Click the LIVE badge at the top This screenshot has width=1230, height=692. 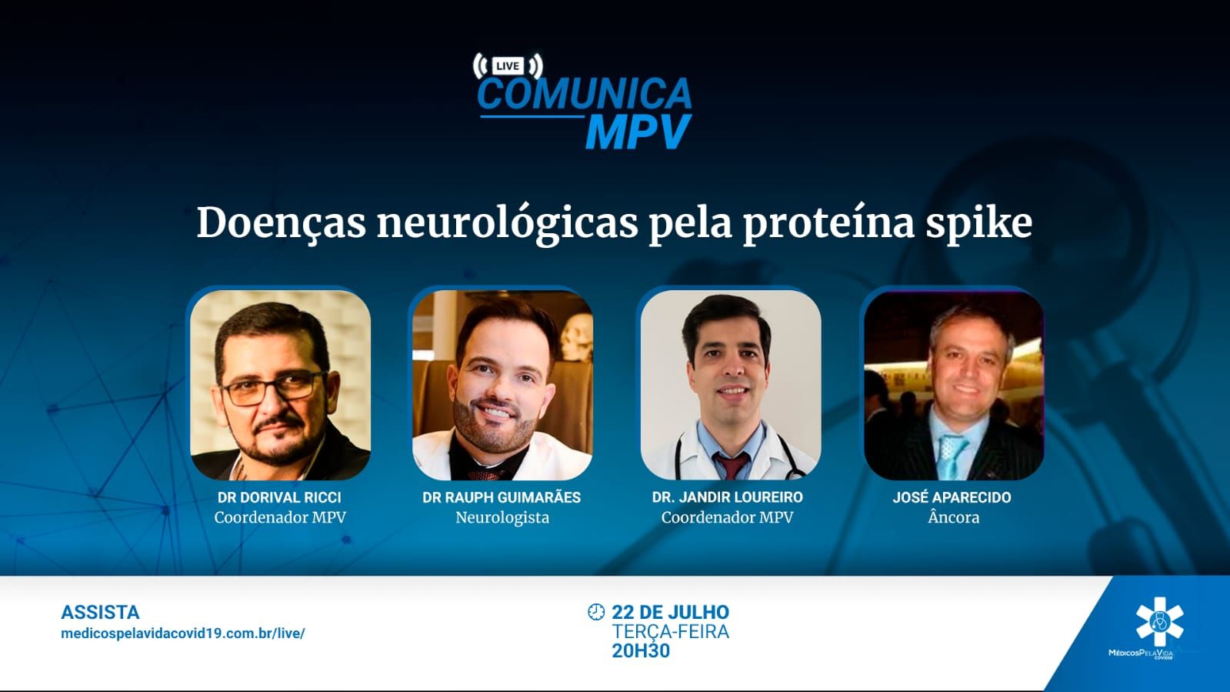pyautogui.click(x=508, y=66)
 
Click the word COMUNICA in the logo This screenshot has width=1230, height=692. pyautogui.click(x=585, y=94)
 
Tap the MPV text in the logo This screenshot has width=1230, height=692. pyautogui.click(x=638, y=132)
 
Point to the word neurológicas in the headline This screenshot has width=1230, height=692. pyautogui.click(x=508, y=224)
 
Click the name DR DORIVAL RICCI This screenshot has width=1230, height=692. pyautogui.click(x=279, y=497)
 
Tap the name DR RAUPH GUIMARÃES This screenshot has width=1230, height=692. pyautogui.click(x=502, y=497)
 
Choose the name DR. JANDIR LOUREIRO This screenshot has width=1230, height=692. pyautogui.click(x=728, y=497)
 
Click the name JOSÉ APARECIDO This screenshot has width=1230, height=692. pyautogui.click(x=952, y=497)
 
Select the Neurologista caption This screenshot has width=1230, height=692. pyautogui.click(x=502, y=518)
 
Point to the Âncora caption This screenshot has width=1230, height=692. pyautogui.click(x=954, y=517)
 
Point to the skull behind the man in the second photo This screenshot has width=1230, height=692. pyautogui.click(x=577, y=336)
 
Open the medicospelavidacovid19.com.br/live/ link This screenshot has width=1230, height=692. pyautogui.click(x=183, y=633)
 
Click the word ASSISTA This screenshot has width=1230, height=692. pyautogui.click(x=100, y=612)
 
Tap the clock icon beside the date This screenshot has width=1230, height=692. pyautogui.click(x=596, y=612)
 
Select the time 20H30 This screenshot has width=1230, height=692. pyautogui.click(x=641, y=650)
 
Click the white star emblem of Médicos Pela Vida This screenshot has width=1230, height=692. pyautogui.click(x=1159, y=622)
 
